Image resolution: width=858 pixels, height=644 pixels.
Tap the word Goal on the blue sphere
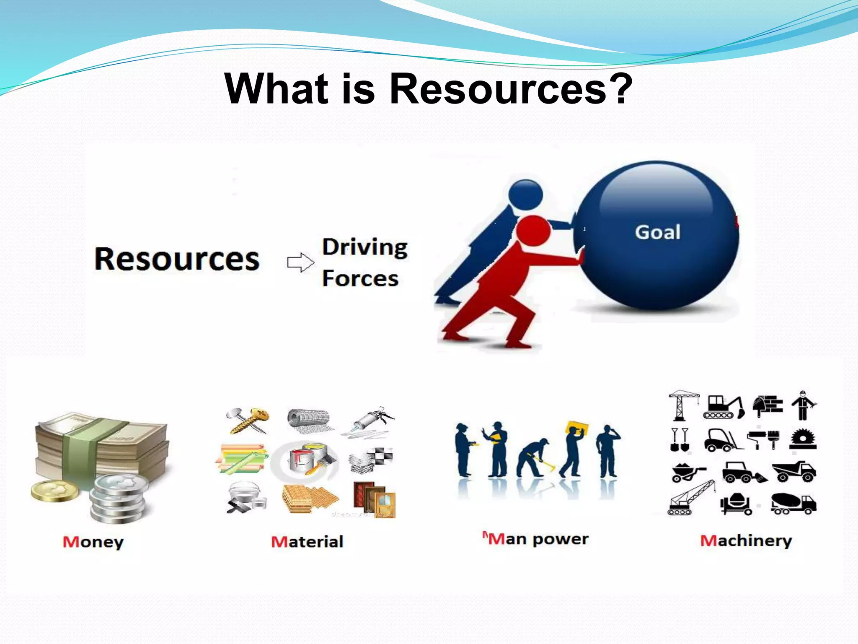click(x=657, y=232)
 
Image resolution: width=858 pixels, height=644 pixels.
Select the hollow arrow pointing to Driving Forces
click(x=300, y=262)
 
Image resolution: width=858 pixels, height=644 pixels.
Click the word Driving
click(x=365, y=247)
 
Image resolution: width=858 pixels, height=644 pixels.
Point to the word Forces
click(x=360, y=279)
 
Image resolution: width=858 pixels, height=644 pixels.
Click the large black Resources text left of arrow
click(x=177, y=259)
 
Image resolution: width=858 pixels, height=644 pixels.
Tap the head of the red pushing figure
click(x=532, y=230)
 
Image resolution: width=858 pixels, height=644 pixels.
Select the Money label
click(x=93, y=542)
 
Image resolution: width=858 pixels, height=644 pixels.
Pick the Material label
click(x=307, y=542)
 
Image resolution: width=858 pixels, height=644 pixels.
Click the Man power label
click(x=538, y=539)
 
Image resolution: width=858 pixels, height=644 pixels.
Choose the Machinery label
click(x=746, y=541)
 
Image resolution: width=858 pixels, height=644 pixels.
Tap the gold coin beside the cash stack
click(x=54, y=491)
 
